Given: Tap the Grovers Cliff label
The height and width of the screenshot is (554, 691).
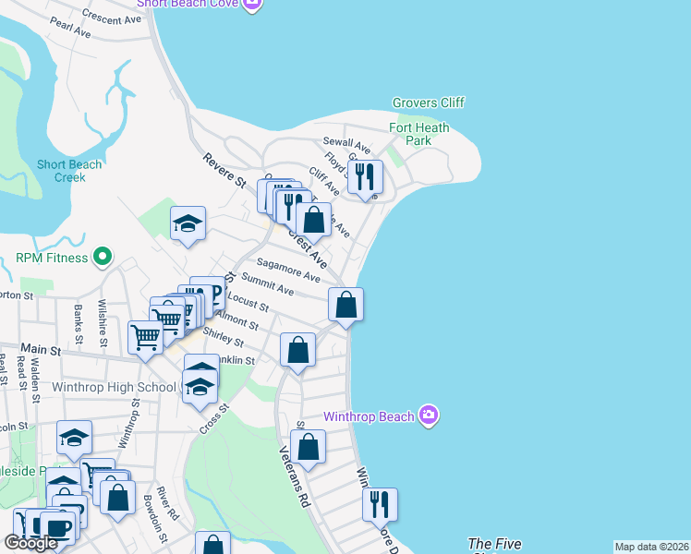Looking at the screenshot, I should click(428, 102).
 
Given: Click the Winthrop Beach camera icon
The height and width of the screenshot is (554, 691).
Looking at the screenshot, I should click(428, 415).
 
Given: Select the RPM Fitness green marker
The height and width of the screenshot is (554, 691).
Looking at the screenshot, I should click(103, 258).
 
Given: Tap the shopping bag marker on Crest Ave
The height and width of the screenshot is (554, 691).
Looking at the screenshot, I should click(313, 220).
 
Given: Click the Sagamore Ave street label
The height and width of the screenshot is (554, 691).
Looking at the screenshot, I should click(288, 271).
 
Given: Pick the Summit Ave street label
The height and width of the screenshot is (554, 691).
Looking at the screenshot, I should click(267, 284).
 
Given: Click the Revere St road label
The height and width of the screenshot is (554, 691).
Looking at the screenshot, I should click(224, 170).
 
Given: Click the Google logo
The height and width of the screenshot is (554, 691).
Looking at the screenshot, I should click(30, 543).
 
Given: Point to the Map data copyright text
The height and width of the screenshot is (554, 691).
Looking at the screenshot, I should click(651, 547).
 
